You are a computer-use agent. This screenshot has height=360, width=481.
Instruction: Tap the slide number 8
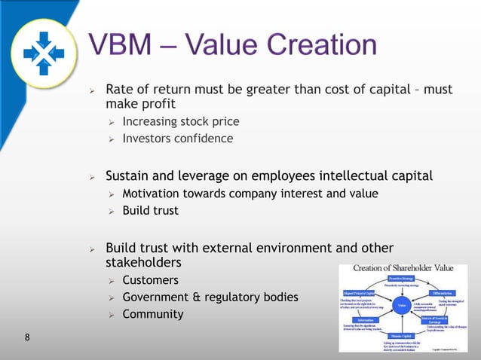point(27,337)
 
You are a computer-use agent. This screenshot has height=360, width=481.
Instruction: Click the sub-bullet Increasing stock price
point(181,121)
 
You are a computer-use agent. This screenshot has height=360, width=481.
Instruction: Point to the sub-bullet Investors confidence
point(177,139)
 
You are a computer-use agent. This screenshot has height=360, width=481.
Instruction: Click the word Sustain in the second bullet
point(130,176)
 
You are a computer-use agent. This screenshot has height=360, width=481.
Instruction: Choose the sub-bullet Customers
point(150,281)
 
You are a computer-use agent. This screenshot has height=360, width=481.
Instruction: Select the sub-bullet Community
point(152,314)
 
